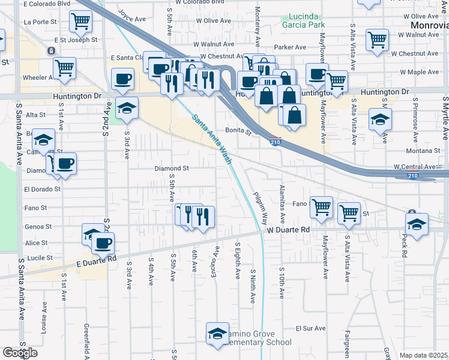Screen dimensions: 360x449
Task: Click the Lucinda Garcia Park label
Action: coord(304,20)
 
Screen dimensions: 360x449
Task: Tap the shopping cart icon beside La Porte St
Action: coord(80,22)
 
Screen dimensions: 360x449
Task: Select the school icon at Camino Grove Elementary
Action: coord(217,334)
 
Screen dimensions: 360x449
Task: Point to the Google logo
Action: coord(20,353)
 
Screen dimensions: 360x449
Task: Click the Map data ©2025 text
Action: coord(424,355)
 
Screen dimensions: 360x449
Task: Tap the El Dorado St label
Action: coord(42,188)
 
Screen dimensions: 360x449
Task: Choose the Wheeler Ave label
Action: coord(38,77)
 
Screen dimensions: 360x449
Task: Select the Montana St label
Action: coord(419,151)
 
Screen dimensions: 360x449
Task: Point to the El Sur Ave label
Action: coord(310,329)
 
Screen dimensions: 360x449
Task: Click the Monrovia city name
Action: coord(430,25)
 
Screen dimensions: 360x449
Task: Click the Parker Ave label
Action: coord(286,47)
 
